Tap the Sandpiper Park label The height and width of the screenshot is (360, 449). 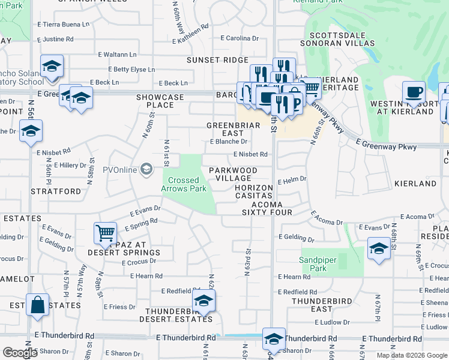click(314, 264)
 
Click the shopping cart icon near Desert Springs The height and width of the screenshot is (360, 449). click(105, 232)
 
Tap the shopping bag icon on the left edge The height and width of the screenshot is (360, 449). click(37, 304)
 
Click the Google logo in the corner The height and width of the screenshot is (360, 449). click(20, 353)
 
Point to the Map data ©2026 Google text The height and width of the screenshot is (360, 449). click(411, 355)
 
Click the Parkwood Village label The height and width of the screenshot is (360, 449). click(233, 175)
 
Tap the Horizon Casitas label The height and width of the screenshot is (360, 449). click(254, 192)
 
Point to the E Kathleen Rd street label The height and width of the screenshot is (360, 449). click(190, 34)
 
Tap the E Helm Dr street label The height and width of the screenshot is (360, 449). click(292, 179)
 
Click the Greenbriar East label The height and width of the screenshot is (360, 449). click(225, 129)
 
